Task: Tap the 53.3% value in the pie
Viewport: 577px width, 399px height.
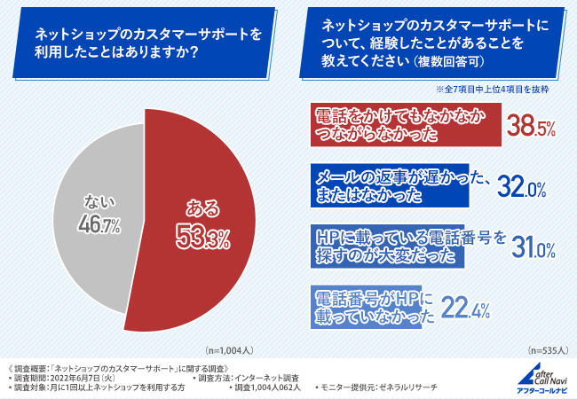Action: tap(201, 237)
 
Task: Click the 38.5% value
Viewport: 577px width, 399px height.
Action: tap(531, 127)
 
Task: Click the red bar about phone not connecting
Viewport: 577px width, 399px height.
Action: tap(404, 124)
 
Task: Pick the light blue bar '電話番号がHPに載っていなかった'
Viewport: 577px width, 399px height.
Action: tap(373, 305)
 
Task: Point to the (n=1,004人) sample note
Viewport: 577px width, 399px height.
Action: tap(231, 350)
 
